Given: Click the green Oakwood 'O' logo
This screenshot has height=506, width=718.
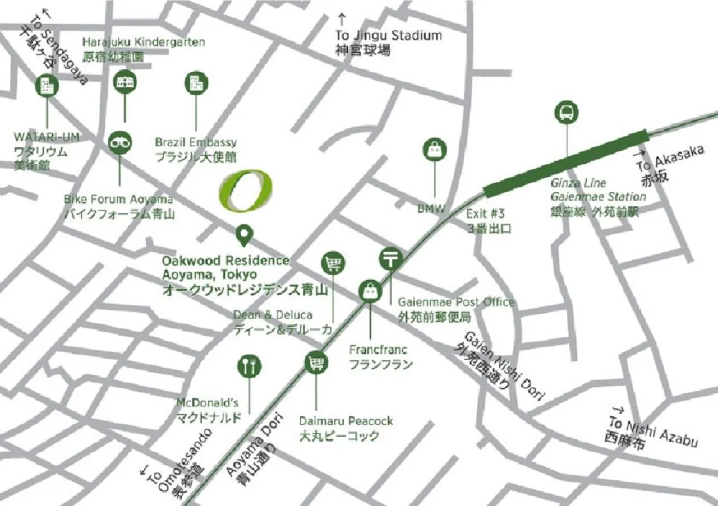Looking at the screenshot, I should click(245, 191).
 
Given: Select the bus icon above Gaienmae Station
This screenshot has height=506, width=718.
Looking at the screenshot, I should click(567, 113).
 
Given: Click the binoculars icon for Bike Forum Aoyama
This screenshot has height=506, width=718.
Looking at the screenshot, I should click(120, 142).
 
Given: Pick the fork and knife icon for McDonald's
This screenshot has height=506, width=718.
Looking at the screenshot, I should click(249, 366).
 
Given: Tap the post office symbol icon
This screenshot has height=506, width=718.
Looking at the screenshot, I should click(391, 258).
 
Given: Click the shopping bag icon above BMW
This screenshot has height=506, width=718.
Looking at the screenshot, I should click(435, 150).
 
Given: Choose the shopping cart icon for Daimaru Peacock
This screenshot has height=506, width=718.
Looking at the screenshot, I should click(316, 363).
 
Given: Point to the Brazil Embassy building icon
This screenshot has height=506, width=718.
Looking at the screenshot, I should click(196, 82).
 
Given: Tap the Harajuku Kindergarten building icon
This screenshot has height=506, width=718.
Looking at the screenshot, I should click(125, 82).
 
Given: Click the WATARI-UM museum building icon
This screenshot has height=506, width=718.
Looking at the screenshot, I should click(47, 86).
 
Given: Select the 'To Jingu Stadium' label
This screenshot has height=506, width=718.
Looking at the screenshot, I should click(388, 36).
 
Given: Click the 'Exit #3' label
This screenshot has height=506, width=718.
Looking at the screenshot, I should click(486, 213).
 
